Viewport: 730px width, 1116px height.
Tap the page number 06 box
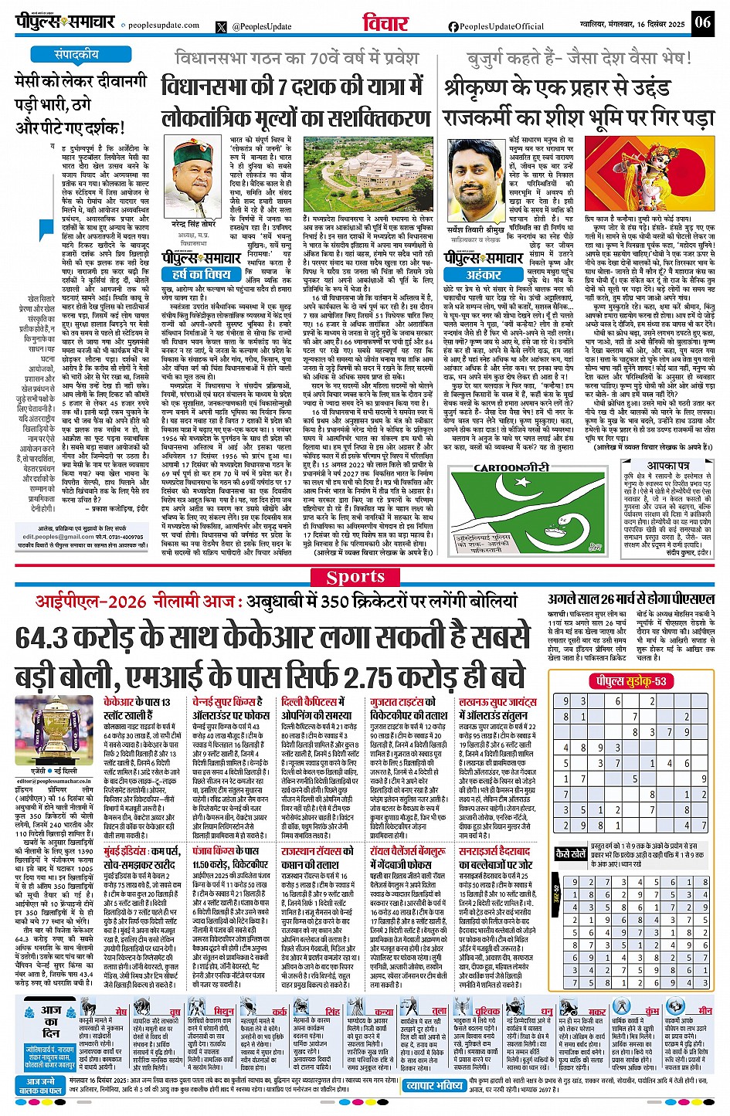(702, 22)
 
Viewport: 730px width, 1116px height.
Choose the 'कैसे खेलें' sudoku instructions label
(571, 854)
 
